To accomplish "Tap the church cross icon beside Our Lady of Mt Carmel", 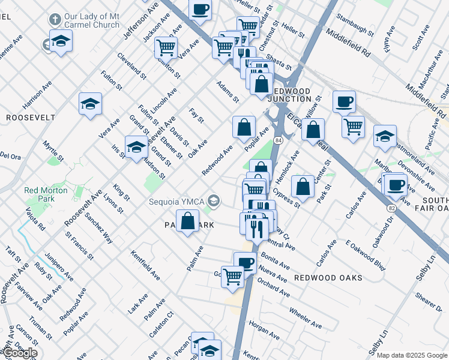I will click(55, 20).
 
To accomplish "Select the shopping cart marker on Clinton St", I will click(166, 47).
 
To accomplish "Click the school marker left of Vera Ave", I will click(90, 104).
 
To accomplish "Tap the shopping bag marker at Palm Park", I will click(188, 221).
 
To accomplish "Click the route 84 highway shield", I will click(278, 140).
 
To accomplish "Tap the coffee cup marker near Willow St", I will click(344, 101).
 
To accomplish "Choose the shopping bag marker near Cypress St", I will click(303, 186).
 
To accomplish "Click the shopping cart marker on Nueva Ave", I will click(232, 277).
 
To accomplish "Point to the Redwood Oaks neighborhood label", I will click(328, 278).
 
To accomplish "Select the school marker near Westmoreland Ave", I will click(384, 137).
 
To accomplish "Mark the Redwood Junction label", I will click(290, 95).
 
